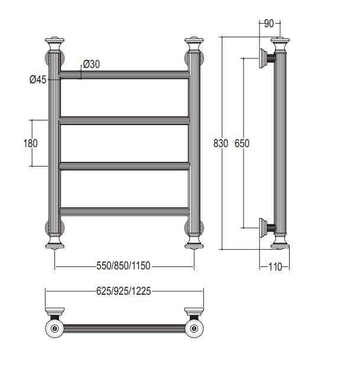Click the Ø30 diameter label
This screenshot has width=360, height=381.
pyautogui.click(x=91, y=64)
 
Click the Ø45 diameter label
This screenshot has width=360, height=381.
pyautogui.click(x=38, y=80)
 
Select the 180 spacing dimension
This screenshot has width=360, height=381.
pyautogui.click(x=30, y=144)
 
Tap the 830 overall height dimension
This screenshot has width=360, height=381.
pyautogui.click(x=220, y=144)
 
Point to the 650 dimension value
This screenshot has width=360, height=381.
pyautogui.click(x=242, y=144)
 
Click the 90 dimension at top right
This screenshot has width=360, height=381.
pyautogui.click(x=269, y=24)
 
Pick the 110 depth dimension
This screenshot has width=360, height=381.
pyautogui.click(x=275, y=267)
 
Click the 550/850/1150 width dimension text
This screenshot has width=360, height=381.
pyautogui.click(x=124, y=266)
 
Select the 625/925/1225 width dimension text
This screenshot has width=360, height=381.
pyautogui.click(x=124, y=291)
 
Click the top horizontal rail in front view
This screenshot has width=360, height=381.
pyautogui.click(x=124, y=74)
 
